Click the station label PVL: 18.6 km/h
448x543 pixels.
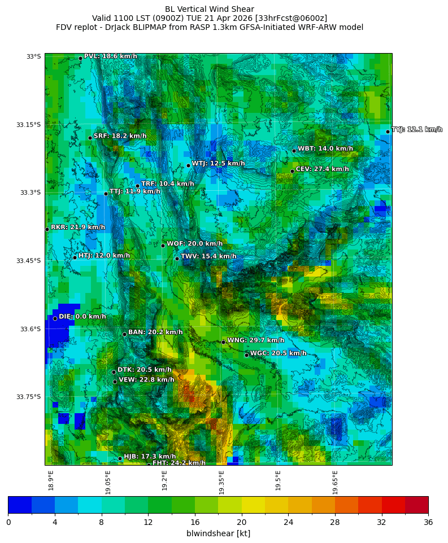tap(110, 56)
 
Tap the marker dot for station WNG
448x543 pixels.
tap(223, 342)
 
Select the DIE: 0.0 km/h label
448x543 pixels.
tap(82, 317)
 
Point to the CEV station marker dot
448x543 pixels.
tap(292, 171)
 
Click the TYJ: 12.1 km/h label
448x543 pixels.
tap(417, 130)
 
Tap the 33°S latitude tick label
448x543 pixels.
tap(33, 56)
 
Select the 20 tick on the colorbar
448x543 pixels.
tap(242, 522)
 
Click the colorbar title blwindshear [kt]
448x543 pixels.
tap(218, 533)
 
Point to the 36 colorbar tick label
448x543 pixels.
tap(428, 522)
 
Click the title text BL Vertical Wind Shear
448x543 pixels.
tap(210, 9)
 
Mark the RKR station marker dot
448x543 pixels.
tap(47, 229)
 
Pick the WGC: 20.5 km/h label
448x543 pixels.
tap(278, 353)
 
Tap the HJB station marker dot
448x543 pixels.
tap(120, 458)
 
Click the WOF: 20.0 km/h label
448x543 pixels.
tap(194, 244)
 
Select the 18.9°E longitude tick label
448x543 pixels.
tap(51, 480)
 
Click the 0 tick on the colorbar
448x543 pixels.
tap(8, 522)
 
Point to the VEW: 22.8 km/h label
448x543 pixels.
tap(146, 380)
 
